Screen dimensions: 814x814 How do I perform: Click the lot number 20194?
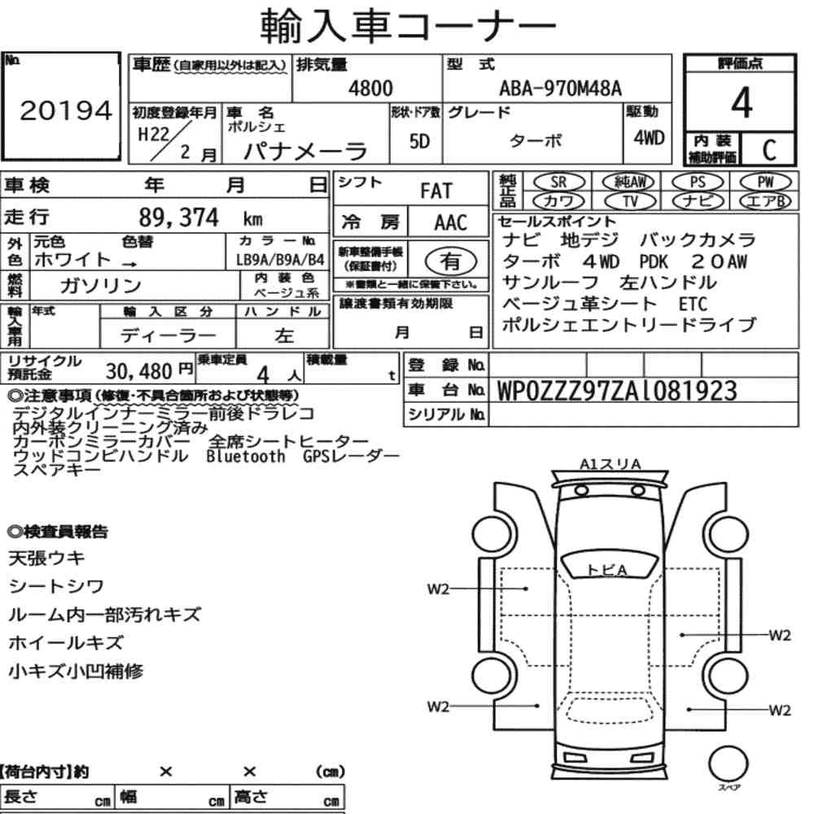(66, 111)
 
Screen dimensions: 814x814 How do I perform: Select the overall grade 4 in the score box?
(742, 103)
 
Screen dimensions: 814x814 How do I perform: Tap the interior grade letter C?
(769, 150)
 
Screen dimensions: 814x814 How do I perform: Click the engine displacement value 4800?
(370, 88)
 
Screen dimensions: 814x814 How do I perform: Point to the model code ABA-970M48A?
(560, 88)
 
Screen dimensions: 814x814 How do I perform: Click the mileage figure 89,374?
(178, 217)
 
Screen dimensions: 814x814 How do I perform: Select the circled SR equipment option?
(559, 182)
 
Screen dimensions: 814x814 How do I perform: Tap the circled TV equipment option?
(630, 201)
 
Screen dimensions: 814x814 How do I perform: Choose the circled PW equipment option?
(765, 182)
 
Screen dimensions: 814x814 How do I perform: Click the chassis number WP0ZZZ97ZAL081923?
(617, 391)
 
